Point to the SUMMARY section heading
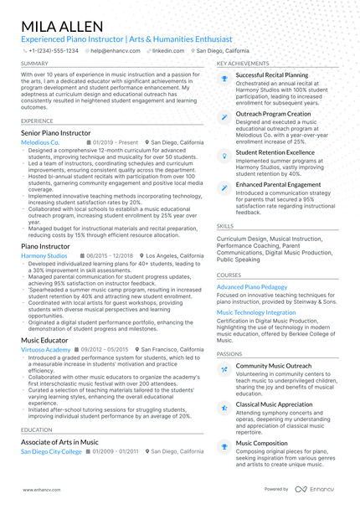pyautogui.click(x=34, y=63)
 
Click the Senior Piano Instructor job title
pyautogui.click(x=55, y=133)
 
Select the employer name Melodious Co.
pyautogui.click(x=40, y=143)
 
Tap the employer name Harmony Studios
pyautogui.click(x=44, y=255)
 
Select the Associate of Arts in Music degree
pyautogui.click(x=59, y=441)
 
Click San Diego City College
pyautogui.click(x=52, y=451)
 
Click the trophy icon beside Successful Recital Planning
pyautogui.click(x=224, y=77)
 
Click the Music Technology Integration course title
pyautogui.click(x=256, y=312)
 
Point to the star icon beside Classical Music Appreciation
pyautogui.click(x=224, y=407)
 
